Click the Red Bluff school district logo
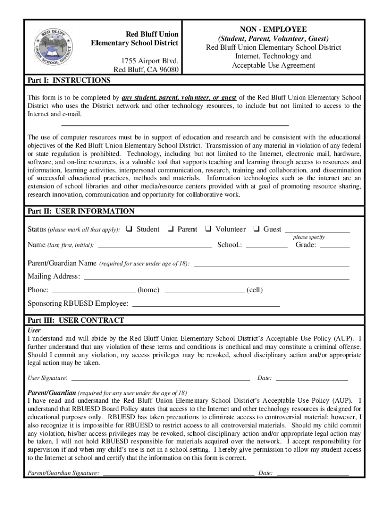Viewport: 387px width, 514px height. (52, 48)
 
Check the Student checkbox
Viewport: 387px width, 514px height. (129, 229)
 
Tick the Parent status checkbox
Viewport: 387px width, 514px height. (170, 229)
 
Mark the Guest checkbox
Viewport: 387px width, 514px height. (256, 229)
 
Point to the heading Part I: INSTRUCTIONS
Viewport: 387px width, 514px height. (69, 81)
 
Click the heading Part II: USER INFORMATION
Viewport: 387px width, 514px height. (81, 211)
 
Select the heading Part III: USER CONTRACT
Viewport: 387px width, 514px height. (75, 320)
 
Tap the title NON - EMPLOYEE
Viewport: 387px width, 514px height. (273, 30)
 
